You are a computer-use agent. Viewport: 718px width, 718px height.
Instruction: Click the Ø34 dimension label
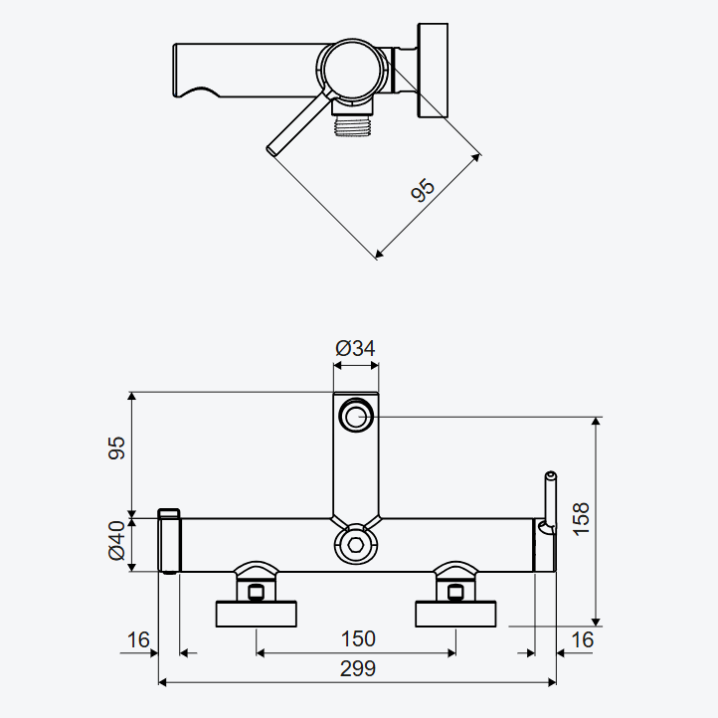point(355,348)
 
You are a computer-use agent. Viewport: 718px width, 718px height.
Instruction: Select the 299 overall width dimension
point(358,669)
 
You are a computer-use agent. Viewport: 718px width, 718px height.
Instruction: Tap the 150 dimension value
point(358,638)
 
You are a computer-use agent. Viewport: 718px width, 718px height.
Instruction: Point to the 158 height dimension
point(581,519)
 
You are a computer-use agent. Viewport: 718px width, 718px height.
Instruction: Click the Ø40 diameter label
point(116,540)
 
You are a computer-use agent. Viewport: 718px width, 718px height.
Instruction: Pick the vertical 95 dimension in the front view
point(116,448)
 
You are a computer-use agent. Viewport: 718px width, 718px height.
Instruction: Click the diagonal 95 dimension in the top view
point(423,190)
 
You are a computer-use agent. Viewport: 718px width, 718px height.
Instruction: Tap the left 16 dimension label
point(138,639)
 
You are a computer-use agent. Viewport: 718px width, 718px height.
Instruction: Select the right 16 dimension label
point(582,639)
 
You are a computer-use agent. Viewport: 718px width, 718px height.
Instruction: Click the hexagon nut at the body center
point(356,545)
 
